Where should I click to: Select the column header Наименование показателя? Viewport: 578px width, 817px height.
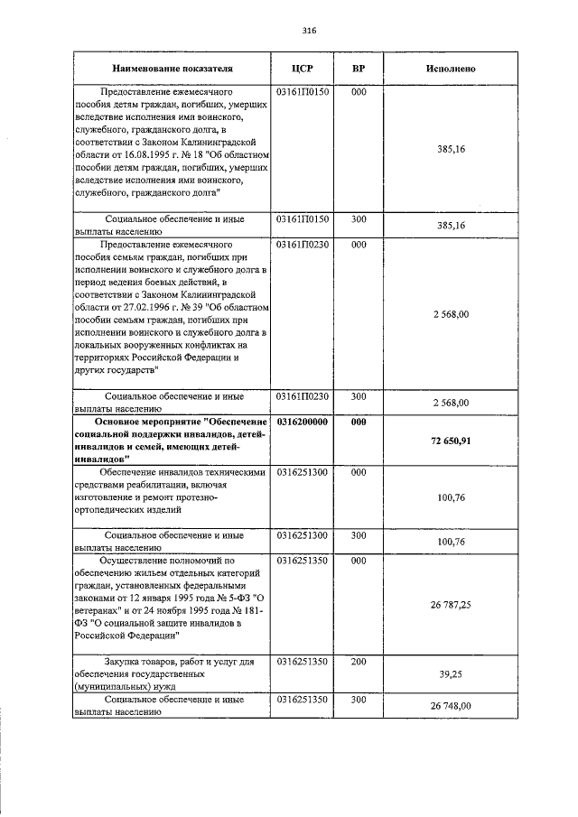pos(172,70)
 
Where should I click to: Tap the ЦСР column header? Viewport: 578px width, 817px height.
pos(303,70)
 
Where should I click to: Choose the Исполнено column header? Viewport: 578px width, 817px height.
pos(451,70)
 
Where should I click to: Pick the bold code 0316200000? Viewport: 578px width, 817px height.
pos(303,422)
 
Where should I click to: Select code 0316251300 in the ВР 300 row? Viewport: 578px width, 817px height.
pos(303,535)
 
